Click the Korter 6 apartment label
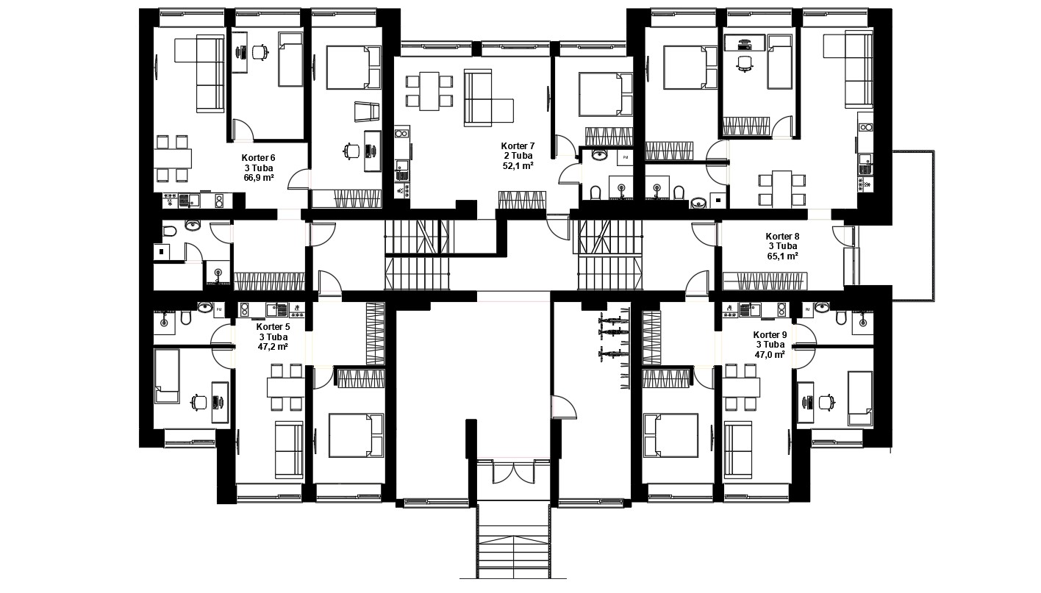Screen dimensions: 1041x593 [x=258, y=158]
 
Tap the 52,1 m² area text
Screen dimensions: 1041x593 [x=518, y=166]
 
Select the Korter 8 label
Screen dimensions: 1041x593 [x=783, y=236]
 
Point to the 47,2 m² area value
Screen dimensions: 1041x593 [x=273, y=346]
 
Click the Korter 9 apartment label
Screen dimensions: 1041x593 [x=770, y=335]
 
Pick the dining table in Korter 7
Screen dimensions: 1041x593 [x=429, y=91]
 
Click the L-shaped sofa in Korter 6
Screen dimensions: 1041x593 [x=199, y=74]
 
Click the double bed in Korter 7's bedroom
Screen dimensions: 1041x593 [x=606, y=94]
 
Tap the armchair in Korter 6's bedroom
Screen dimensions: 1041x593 [x=367, y=112]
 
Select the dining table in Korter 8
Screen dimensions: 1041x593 [x=782, y=189]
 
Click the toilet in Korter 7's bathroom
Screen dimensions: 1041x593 [x=595, y=193]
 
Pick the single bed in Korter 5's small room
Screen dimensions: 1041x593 [x=167, y=376]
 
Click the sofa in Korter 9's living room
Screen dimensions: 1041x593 [x=738, y=450]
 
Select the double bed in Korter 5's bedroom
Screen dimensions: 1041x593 [x=356, y=436]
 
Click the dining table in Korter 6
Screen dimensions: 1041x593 [x=173, y=158]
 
